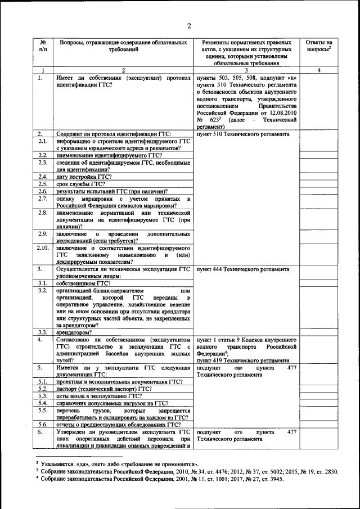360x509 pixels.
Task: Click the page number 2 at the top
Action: coord(190,25)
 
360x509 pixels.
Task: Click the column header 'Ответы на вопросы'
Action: coord(318,46)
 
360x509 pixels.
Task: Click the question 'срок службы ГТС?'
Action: coord(80,184)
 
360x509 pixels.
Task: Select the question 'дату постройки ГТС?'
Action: coord(84,177)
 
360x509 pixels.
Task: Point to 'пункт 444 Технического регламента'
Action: coord(243,269)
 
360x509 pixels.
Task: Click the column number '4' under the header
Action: coord(318,70)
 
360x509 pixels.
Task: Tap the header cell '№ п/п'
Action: coord(43,46)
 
